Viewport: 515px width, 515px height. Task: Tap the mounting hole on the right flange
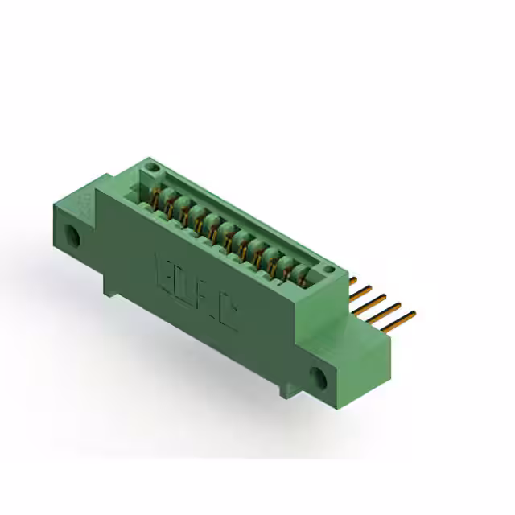pos(320,376)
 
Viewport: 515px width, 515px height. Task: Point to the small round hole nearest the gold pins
pos(328,269)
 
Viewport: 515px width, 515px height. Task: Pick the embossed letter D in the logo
pos(183,284)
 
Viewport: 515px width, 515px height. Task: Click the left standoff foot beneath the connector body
pos(111,283)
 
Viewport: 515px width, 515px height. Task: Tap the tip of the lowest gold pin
pos(413,315)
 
